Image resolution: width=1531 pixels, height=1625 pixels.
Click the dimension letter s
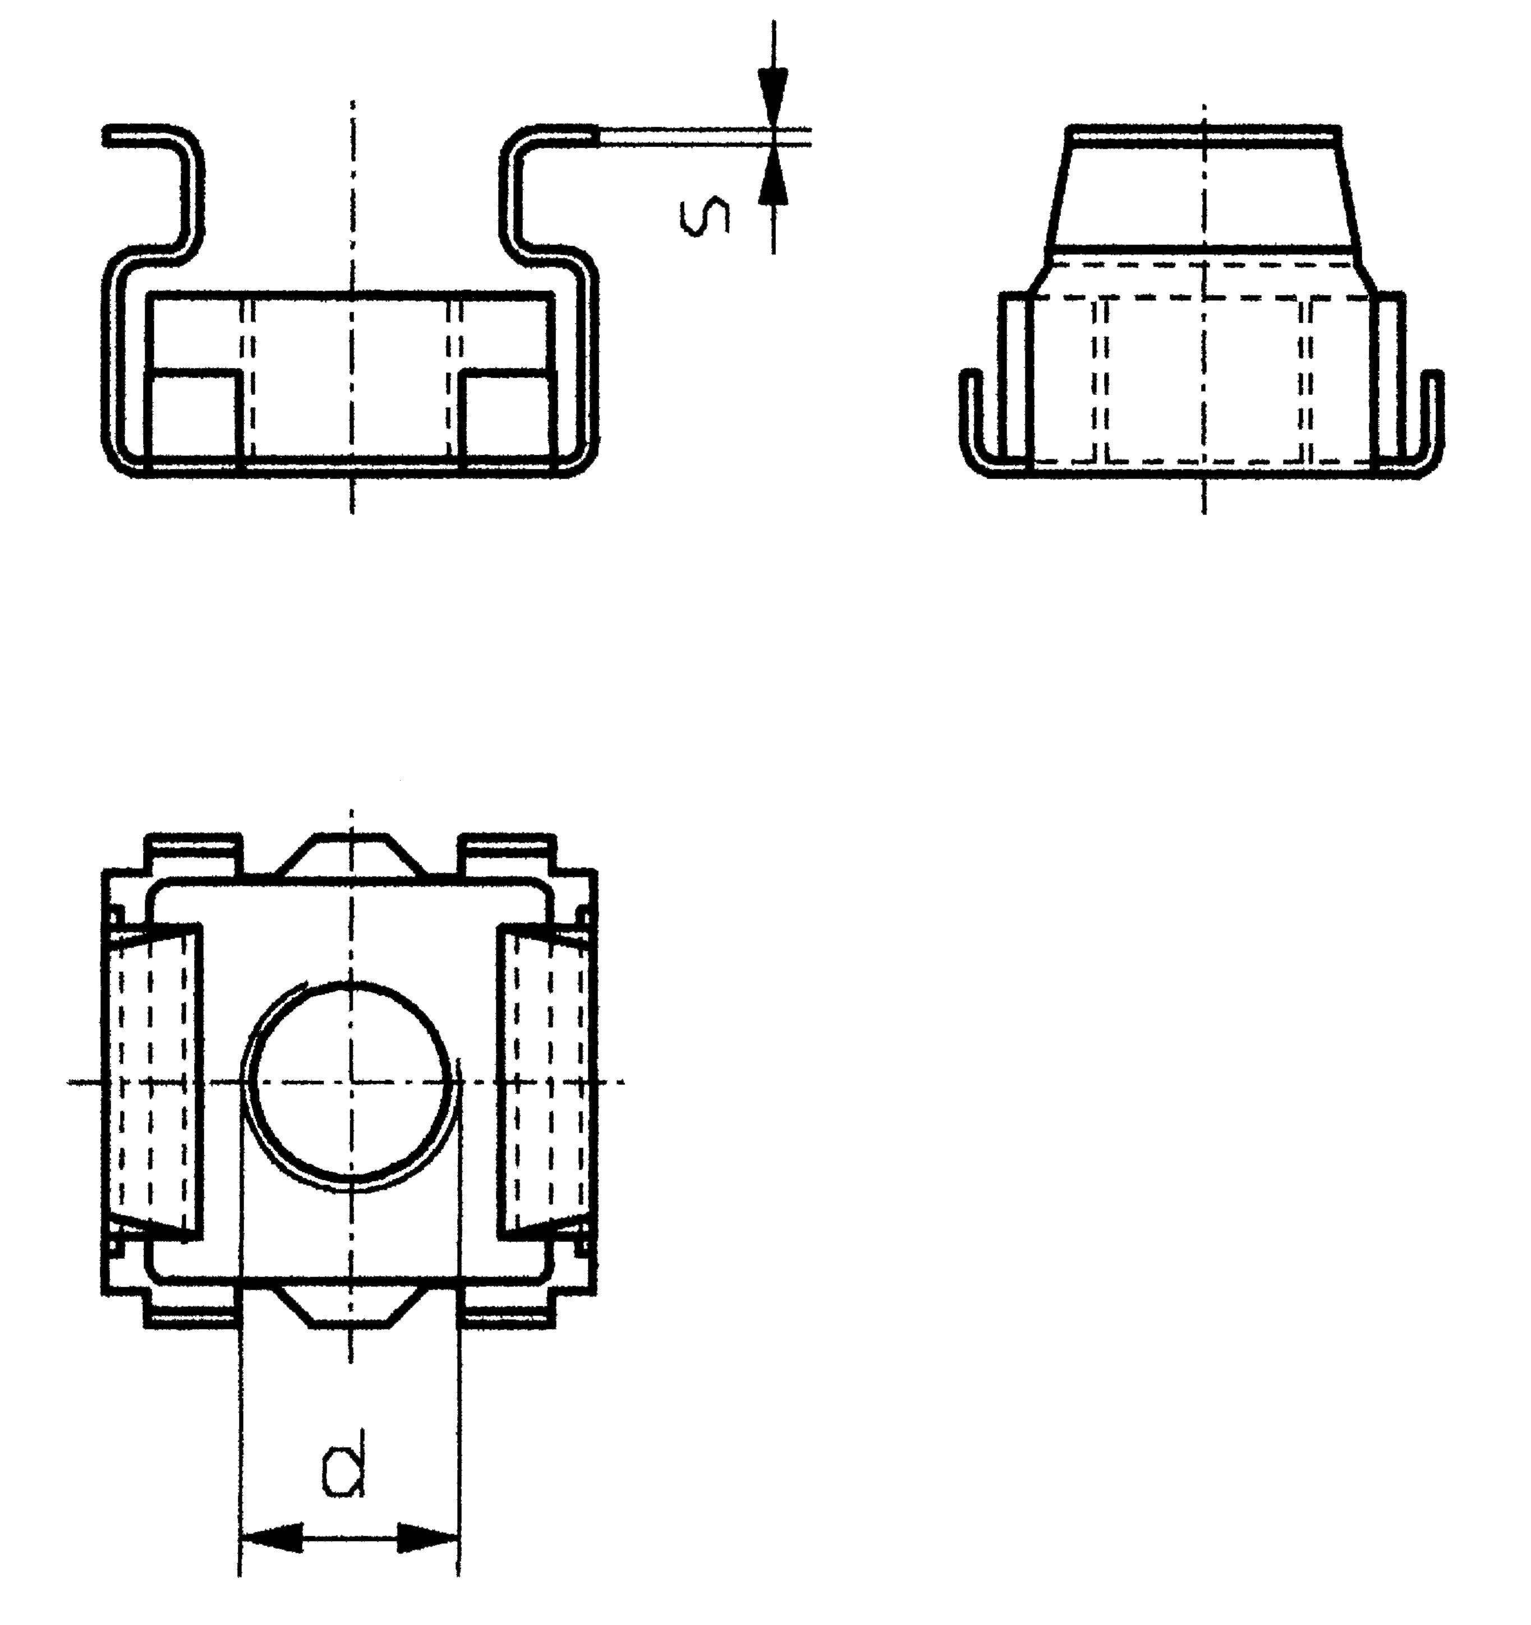pyautogui.click(x=705, y=216)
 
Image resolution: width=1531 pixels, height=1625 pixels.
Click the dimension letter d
pyautogui.click(x=344, y=1471)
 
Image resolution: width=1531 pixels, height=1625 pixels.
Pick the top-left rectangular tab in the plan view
pyautogui.click(x=194, y=853)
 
